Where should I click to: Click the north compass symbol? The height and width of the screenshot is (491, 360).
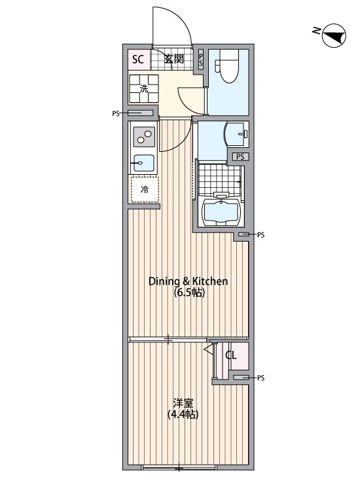334,35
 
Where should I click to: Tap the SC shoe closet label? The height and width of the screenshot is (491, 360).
137,59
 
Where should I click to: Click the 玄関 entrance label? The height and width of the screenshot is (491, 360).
173,59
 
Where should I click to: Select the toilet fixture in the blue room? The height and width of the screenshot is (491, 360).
229,66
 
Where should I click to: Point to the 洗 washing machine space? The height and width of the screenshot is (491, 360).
144,88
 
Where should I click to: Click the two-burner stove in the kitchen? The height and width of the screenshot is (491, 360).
144,137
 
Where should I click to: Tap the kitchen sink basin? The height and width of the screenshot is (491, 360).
144,163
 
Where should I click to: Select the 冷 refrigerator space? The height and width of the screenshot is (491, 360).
145,189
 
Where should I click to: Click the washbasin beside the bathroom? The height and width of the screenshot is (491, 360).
236,134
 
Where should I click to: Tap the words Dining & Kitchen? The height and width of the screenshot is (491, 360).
188,282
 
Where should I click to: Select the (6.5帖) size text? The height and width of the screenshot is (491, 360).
189,293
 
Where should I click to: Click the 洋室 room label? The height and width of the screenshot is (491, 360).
183,403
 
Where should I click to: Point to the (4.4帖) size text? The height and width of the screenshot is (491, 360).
183,414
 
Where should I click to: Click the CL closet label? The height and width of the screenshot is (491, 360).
231,355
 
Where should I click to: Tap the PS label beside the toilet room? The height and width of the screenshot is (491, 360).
200,60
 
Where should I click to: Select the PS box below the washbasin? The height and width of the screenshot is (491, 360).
240,157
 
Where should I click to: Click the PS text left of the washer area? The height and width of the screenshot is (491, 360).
115,114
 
